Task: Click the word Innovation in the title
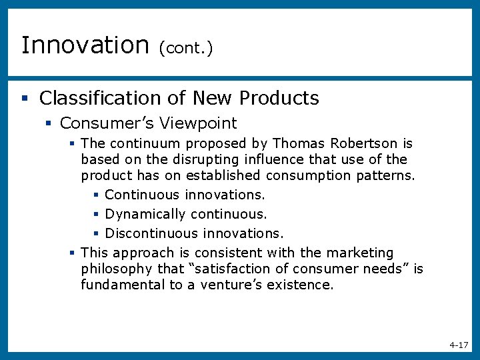[85, 45]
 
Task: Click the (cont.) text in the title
[186, 48]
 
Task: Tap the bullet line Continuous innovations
[185, 195]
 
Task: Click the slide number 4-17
[459, 345]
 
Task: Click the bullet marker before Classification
[24, 99]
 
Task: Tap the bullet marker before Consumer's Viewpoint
[48, 124]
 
